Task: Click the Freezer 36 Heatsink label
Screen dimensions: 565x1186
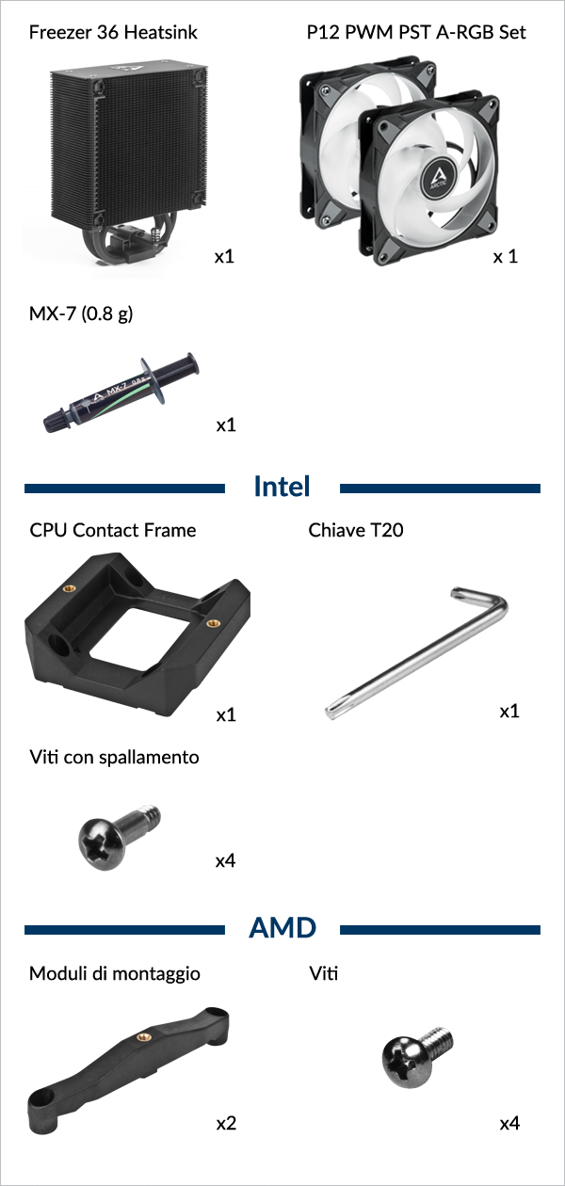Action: tap(113, 32)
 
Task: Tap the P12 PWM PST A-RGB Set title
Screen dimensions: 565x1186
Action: tap(416, 32)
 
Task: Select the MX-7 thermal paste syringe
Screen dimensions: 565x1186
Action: tap(121, 393)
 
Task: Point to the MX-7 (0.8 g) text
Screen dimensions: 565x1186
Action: tap(81, 314)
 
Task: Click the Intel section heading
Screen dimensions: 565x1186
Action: tap(282, 486)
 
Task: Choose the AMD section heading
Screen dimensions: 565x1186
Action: tap(282, 927)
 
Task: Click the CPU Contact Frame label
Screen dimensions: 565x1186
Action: tap(113, 530)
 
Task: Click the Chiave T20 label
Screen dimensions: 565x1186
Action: tap(356, 530)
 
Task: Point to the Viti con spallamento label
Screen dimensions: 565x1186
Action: tap(114, 757)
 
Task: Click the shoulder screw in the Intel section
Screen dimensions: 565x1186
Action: tap(120, 837)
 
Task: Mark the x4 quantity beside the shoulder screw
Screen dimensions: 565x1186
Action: tap(225, 861)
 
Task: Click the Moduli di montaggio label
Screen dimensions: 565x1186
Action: tap(115, 973)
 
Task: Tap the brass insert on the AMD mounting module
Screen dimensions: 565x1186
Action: tap(142, 1037)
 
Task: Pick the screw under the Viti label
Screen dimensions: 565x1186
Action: tap(417, 1057)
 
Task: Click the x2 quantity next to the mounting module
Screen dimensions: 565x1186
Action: tap(226, 1123)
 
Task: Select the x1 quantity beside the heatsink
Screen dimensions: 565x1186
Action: tap(224, 257)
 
